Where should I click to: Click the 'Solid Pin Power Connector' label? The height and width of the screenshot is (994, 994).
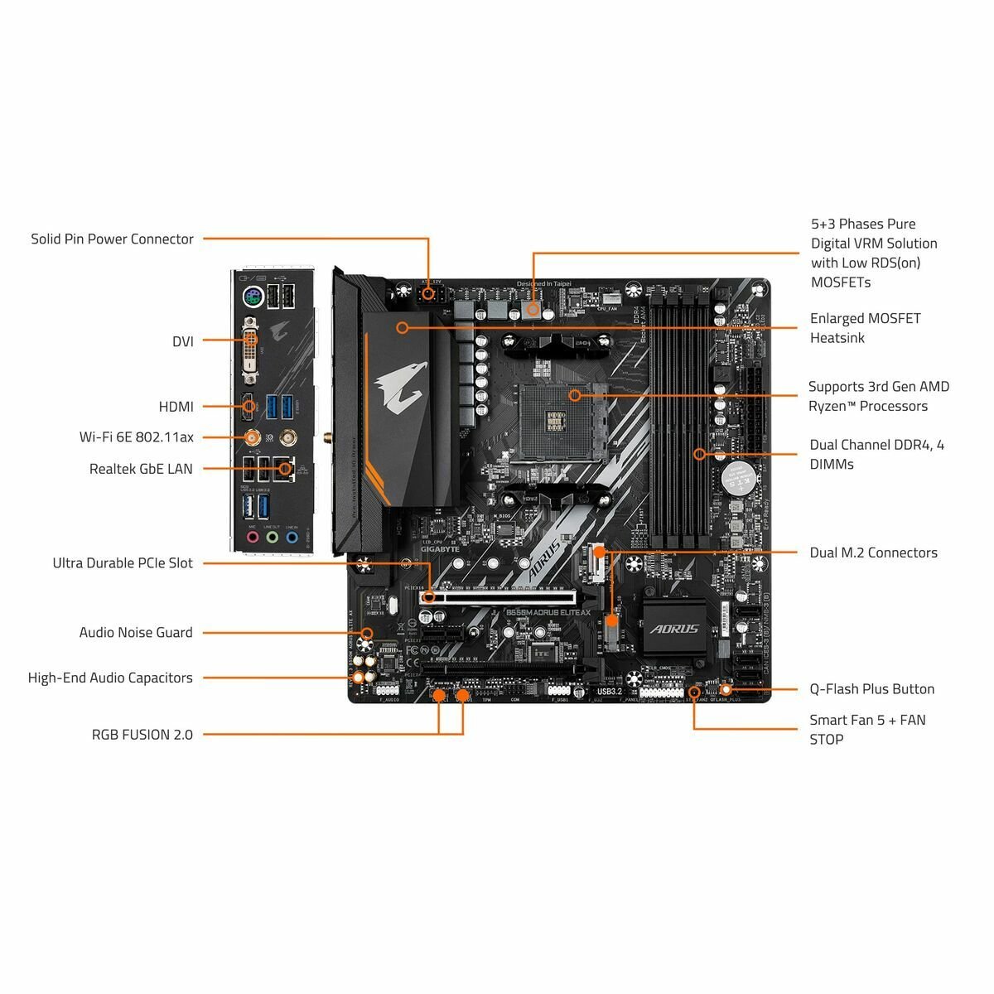[x=112, y=239]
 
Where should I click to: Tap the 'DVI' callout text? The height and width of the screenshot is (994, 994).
[x=182, y=340]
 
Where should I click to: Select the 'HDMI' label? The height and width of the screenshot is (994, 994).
[x=176, y=407]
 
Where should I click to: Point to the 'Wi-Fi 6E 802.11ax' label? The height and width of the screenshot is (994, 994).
[x=136, y=437]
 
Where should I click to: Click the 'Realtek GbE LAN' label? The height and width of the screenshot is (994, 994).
[x=140, y=469]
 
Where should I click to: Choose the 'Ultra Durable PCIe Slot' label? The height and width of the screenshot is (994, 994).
[x=122, y=563]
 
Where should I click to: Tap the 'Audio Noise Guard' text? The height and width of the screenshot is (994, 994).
[x=135, y=633]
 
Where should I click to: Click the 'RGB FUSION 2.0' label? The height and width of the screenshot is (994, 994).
[x=142, y=735]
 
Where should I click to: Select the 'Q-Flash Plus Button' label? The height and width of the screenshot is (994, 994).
[x=871, y=689]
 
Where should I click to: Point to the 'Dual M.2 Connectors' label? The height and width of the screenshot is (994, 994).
[x=873, y=552]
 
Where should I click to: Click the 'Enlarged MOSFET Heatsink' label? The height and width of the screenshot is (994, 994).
[x=865, y=328]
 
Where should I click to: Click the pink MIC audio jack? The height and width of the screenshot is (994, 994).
[x=252, y=537]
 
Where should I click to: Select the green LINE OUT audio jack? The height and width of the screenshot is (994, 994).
[x=272, y=537]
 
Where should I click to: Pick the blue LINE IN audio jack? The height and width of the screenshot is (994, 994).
[x=292, y=537]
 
